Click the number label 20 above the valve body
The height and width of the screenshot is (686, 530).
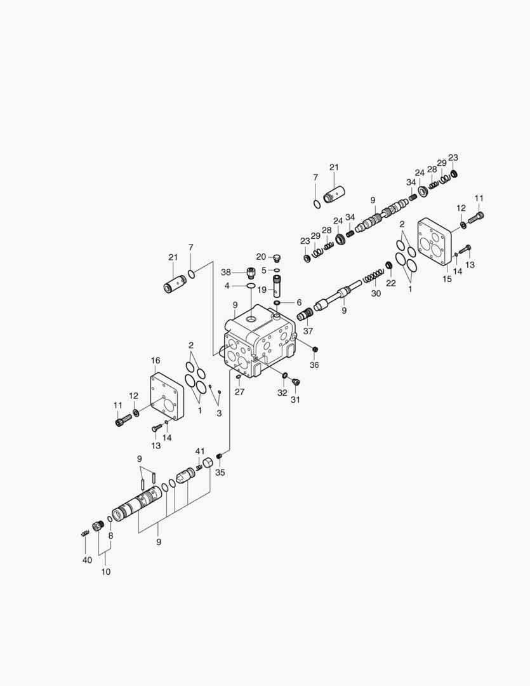pos(261,257)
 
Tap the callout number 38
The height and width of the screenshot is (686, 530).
pos(225,272)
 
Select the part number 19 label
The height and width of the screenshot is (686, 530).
pos(261,290)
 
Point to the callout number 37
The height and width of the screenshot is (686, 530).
pos(308,331)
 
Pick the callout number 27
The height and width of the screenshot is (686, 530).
pos(239,392)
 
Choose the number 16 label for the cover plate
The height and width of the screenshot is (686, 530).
pos(156,360)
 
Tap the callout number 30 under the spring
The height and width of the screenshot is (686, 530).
pos(376,293)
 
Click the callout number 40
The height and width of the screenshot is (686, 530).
pos(87,560)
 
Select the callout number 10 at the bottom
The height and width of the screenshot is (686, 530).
pos(106,572)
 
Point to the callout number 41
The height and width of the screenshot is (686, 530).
pos(200,451)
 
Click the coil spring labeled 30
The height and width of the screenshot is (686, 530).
pos(373,276)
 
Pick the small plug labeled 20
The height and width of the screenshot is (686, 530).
pos(276,257)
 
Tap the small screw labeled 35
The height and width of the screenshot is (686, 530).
pos(219,456)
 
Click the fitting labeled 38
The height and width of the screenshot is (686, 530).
pos(249,272)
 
